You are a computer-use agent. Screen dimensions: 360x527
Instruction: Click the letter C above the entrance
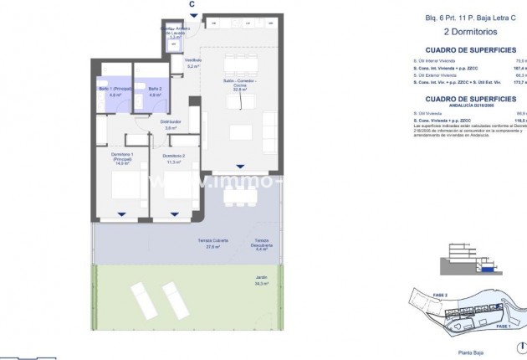pyautogui.click(x=192, y=4)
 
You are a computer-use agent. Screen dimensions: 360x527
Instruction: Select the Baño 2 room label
pyautogui.click(x=154, y=92)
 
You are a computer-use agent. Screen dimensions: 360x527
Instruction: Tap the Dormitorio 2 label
pyautogui.click(x=174, y=159)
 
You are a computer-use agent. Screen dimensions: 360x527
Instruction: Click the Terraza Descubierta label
pyautogui.click(x=261, y=245)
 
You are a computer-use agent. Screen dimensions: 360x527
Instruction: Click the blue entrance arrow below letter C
pyautogui.click(x=192, y=20)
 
